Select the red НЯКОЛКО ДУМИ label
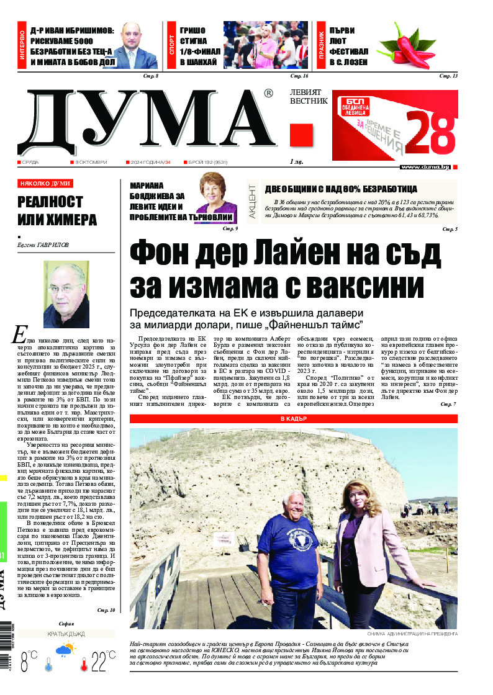click(45, 184)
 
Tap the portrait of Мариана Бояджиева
click(216, 199)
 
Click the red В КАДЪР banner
click(293, 419)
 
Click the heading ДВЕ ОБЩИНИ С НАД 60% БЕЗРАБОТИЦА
click(340, 189)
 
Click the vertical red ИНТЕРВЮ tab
click(22, 47)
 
